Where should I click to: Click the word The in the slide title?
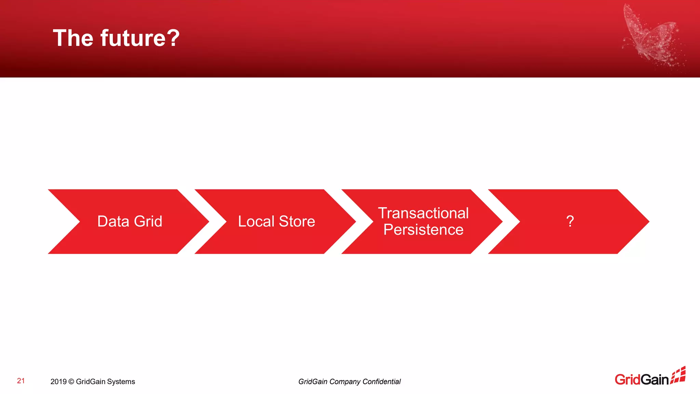[x=73, y=38]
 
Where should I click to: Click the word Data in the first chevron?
[x=113, y=221]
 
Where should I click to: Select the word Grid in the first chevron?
[x=148, y=221]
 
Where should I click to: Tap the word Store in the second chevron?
[x=297, y=221]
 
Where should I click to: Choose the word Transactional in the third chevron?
[x=423, y=213]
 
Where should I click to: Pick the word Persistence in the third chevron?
[x=423, y=229]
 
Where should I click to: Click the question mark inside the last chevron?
[x=570, y=221]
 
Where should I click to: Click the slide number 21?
[x=21, y=381]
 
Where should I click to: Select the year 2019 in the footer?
[x=58, y=382]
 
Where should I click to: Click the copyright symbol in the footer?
[x=71, y=382]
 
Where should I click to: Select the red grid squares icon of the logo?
[x=678, y=375]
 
